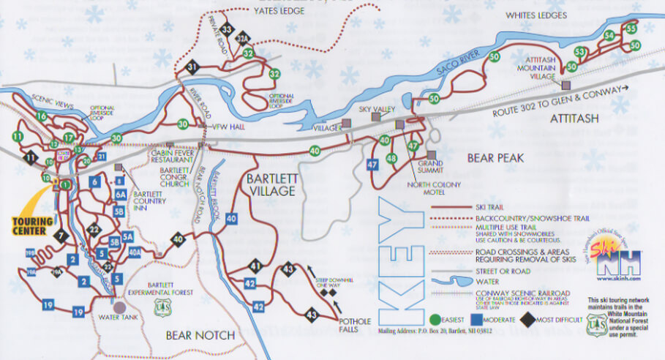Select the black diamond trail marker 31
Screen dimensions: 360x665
tap(193, 68)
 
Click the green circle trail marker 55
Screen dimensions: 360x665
tap(631, 29)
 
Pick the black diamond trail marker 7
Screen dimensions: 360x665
tap(61, 236)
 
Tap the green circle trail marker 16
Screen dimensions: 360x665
tap(42, 116)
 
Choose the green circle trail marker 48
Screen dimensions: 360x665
tap(391, 158)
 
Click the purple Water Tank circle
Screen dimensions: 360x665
tap(119, 307)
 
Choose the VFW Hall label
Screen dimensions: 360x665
tap(226, 124)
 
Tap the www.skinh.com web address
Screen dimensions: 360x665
tap(617, 279)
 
